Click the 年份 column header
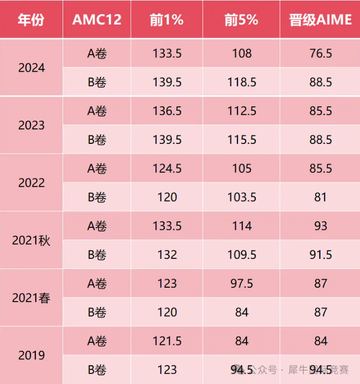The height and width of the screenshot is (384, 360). [x=30, y=20]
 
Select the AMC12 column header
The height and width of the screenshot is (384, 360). [x=97, y=20]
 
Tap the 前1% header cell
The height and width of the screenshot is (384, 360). [x=166, y=20]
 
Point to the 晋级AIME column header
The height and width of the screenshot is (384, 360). [x=320, y=20]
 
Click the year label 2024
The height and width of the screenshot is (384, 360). [x=32, y=68]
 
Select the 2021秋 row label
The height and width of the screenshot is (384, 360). [x=32, y=241]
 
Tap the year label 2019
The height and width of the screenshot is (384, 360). [x=32, y=356]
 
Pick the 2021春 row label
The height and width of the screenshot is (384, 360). [x=32, y=298]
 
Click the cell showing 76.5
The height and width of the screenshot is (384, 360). [x=320, y=53]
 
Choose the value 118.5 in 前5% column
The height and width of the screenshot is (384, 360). [x=242, y=82]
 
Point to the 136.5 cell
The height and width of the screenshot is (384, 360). [x=167, y=111]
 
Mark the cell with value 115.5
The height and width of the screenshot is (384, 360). [x=242, y=140]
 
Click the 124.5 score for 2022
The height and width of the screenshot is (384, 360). [x=167, y=169]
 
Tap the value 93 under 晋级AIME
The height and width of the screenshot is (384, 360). [x=320, y=226]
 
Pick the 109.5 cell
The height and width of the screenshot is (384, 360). [x=242, y=255]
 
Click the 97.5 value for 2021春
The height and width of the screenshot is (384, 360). [x=242, y=284]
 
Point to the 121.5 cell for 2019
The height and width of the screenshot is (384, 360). [x=167, y=341]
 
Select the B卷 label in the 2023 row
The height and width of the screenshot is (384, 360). [x=97, y=140]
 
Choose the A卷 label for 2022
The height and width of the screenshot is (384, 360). [x=97, y=169]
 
